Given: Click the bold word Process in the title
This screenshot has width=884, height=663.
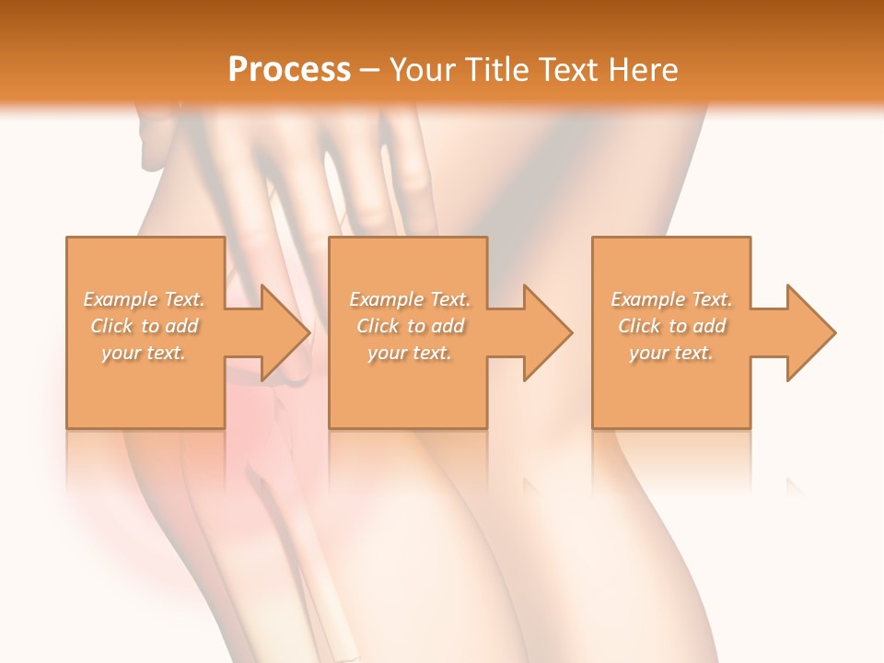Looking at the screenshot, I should (x=289, y=70).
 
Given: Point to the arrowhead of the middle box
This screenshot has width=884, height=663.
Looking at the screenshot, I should (x=546, y=332).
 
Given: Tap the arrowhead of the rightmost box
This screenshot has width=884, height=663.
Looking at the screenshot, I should (x=809, y=332).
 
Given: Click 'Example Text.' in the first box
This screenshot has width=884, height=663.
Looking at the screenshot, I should (x=145, y=299).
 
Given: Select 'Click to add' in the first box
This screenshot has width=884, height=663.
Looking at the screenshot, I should (x=145, y=326).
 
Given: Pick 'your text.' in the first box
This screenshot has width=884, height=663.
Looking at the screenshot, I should (x=145, y=353).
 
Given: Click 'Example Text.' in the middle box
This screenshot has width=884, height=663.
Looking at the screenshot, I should (x=410, y=299).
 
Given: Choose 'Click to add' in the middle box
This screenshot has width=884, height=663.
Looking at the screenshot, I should (x=410, y=326).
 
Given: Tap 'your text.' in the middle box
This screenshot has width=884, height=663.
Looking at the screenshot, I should (x=410, y=353).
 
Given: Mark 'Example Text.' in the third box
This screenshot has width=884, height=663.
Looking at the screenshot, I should (x=671, y=299).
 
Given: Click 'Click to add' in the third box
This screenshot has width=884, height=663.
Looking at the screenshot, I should (x=671, y=326).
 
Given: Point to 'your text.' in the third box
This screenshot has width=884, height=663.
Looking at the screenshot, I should (x=671, y=353).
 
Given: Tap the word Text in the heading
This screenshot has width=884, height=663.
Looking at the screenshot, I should (x=568, y=70).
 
